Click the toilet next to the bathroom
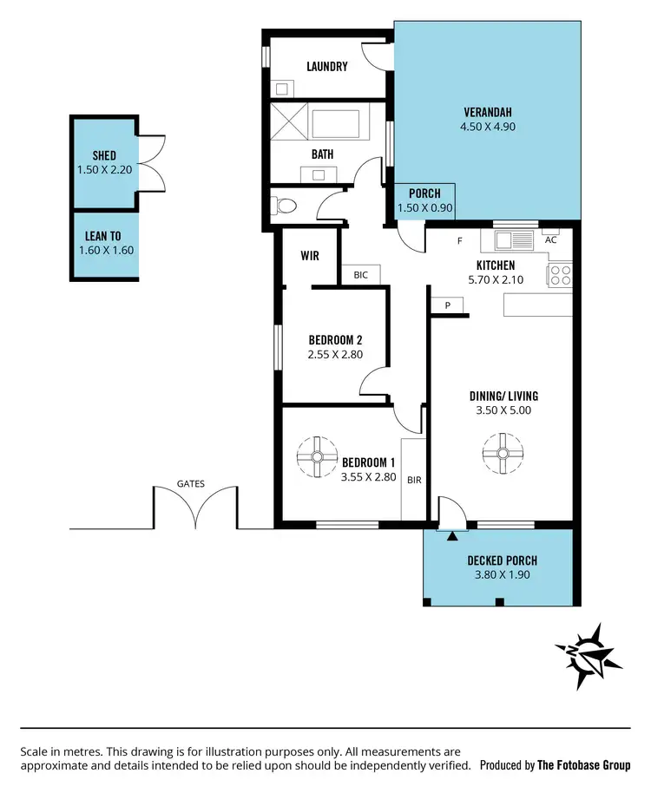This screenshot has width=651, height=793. coord(284,206)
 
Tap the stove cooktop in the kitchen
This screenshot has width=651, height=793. coord(561,275)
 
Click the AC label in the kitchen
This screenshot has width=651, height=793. coord(550,239)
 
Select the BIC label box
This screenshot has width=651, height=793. coord(361,275)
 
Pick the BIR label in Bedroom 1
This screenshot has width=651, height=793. coord(414,478)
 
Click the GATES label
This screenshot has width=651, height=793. coord(191,483)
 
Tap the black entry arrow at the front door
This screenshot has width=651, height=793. coord(451,536)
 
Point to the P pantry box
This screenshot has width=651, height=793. coord(448,305)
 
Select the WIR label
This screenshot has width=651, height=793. coord(310,257)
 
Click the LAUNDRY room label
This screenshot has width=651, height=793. coord(327,66)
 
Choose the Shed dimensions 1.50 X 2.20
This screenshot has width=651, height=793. coord(104,169)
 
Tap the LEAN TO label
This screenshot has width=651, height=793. coord(104,235)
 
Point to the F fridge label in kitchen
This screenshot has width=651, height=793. coord(459,241)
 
